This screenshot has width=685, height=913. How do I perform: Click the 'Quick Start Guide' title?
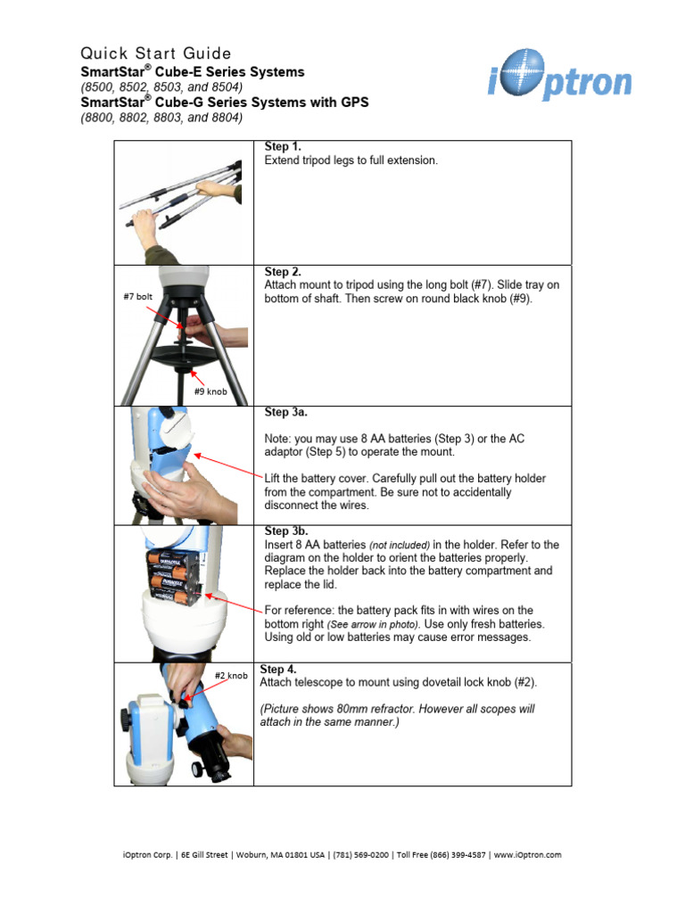156,53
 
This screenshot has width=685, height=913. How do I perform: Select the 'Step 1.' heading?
283,145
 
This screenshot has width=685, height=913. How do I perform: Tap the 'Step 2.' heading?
283,271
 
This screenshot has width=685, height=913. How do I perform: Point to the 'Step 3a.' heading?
286,412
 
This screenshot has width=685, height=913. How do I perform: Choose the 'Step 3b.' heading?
286,531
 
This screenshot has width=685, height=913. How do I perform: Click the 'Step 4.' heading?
277,669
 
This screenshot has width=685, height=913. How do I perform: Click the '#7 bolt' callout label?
139,297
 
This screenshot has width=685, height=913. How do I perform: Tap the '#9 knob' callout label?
210,391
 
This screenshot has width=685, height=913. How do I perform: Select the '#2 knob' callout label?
231,676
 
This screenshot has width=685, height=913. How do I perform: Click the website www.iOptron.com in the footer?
527,854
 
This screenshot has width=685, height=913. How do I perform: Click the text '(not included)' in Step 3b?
400,545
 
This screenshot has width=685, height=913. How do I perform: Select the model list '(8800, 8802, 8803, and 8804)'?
161,117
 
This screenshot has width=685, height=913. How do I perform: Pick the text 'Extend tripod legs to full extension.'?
351,160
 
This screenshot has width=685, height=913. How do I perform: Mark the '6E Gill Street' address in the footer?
204,854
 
